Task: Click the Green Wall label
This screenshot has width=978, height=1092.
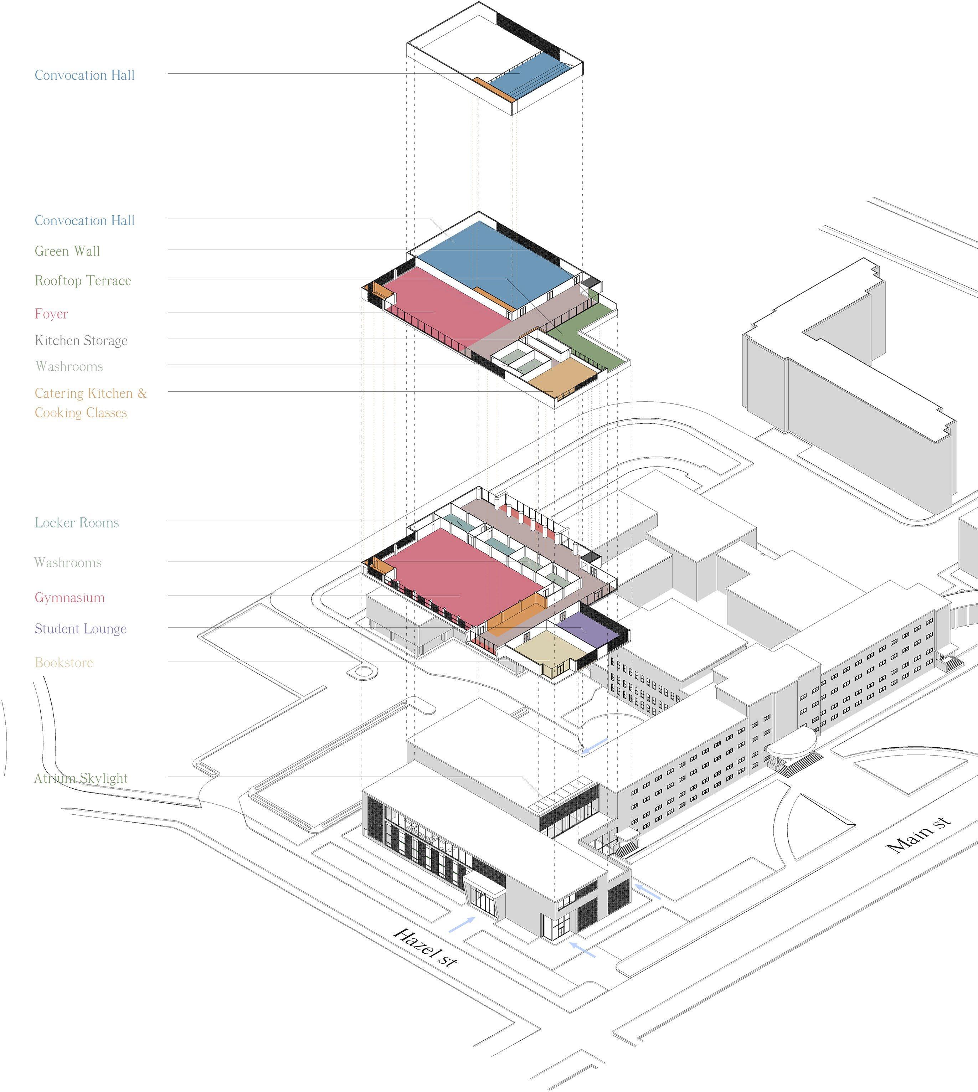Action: click(x=67, y=251)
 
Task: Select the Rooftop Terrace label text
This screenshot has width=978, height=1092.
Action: click(x=83, y=280)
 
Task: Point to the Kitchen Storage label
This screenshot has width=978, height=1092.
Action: click(x=81, y=341)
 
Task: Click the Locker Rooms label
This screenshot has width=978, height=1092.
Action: click(x=77, y=523)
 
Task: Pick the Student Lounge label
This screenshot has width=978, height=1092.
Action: click(x=81, y=629)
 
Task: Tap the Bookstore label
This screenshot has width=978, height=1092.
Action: click(x=64, y=663)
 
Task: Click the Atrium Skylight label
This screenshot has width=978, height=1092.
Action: click(x=81, y=778)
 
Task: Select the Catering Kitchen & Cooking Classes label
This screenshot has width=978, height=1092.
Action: click(x=90, y=403)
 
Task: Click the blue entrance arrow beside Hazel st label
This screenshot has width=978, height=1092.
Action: click(x=462, y=924)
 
